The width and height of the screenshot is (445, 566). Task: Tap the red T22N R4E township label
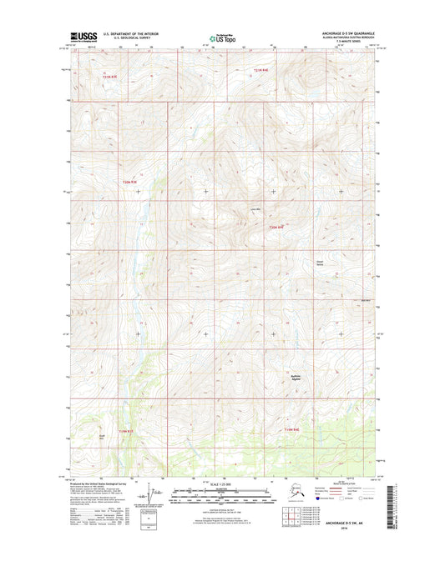tap(276, 228)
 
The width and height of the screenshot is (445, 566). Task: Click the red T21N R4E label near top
tap(261, 70)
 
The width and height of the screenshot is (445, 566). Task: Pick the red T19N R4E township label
tap(290, 429)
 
